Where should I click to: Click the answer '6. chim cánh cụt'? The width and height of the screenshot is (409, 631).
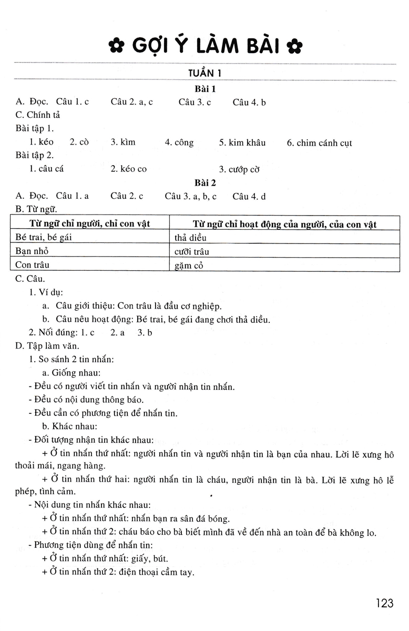(x=319, y=143)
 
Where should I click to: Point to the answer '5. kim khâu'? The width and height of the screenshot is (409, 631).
(x=242, y=143)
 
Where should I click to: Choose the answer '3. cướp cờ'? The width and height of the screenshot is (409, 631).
(x=239, y=169)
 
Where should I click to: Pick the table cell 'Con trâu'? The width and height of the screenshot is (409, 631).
(x=33, y=265)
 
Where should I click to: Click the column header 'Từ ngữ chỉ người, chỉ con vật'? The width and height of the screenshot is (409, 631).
(x=90, y=223)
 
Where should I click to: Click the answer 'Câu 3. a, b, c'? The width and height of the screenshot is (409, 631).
(x=190, y=197)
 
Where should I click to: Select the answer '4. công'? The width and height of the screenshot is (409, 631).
(x=179, y=143)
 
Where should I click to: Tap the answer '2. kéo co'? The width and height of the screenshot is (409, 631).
(x=128, y=169)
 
